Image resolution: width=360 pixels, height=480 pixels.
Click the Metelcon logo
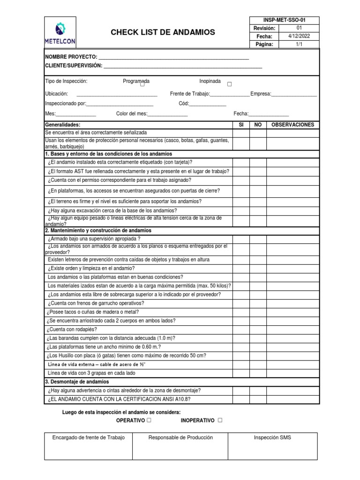tap(60, 32)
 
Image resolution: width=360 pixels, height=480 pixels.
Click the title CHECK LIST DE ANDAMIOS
tap(163, 32)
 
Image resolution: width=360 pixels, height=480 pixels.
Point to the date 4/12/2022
tap(299, 37)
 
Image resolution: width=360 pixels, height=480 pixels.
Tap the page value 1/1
tap(299, 45)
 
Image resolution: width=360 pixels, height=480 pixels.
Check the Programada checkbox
tap(142, 85)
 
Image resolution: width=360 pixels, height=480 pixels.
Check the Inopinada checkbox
tap(229, 84)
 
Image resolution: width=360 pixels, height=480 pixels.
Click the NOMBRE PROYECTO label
tap(71, 57)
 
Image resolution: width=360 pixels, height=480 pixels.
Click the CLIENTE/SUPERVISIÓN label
tap(73, 66)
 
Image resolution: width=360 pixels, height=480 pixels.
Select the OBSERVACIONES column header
tap(292, 125)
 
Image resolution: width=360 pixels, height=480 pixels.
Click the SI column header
tap(241, 125)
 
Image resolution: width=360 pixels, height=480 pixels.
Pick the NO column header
tap(258, 125)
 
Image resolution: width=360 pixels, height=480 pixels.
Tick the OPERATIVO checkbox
tap(149, 420)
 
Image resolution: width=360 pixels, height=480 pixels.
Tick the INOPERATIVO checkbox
tap(220, 420)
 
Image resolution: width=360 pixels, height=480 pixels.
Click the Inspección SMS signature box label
tap(272, 437)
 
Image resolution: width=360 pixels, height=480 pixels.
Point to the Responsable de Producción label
tap(180, 437)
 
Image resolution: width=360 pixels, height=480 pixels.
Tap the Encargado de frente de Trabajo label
tap(89, 437)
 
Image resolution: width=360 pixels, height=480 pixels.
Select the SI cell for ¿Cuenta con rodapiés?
tap(241, 329)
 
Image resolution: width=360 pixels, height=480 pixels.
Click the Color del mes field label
tap(131, 114)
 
